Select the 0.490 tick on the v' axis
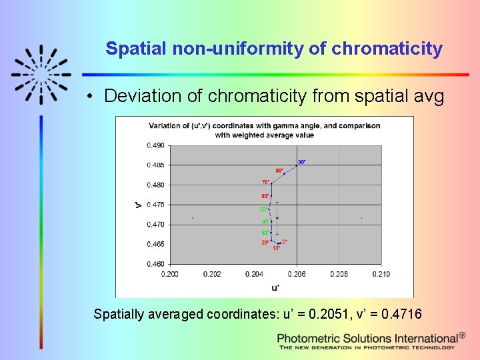coord(155,145)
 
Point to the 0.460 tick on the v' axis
coord(155,264)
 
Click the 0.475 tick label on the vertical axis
coord(155,205)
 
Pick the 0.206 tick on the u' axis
coord(297,274)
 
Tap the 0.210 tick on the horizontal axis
coord(381,274)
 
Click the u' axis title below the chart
coord(275,287)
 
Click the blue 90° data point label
coord(302,162)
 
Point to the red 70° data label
coord(265,182)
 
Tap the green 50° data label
coord(264,209)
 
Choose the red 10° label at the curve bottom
coord(276,249)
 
